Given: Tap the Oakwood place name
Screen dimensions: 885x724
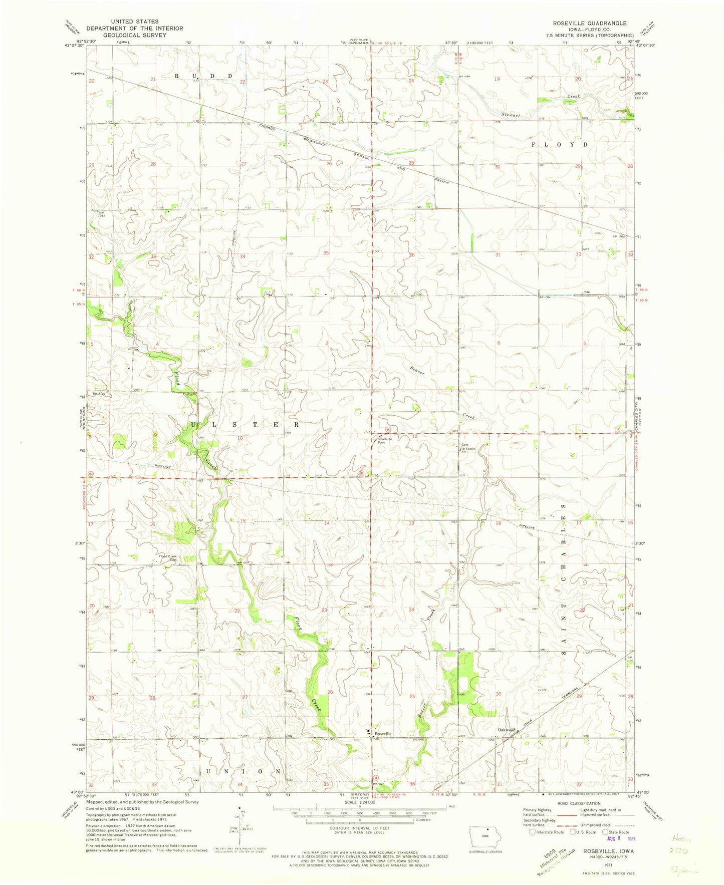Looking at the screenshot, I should click(507, 730).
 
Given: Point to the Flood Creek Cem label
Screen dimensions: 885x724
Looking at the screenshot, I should click(168, 558).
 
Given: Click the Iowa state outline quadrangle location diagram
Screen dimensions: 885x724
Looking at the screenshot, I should click(484, 836).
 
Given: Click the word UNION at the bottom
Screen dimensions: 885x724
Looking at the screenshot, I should click(243, 771).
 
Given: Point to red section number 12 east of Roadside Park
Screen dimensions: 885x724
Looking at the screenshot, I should click(414, 437).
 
